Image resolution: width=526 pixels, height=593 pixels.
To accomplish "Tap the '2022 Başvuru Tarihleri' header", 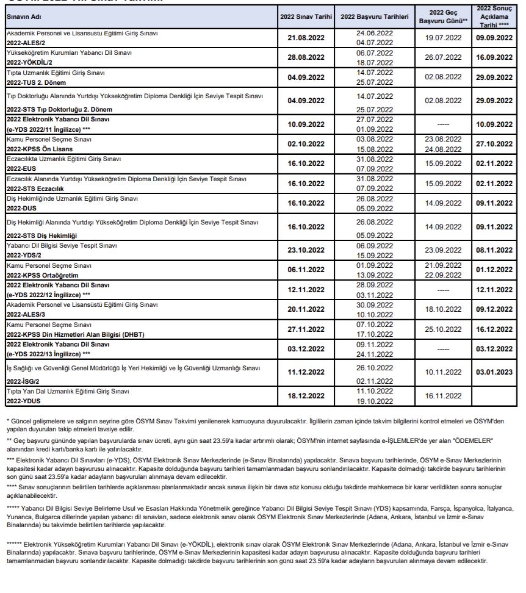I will [x=375, y=16].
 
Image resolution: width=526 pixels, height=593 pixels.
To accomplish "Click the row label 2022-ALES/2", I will [x=27, y=43].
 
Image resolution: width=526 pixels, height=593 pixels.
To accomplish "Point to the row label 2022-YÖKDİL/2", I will [x=31, y=62].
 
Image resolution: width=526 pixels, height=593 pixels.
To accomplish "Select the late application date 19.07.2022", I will [x=443, y=38].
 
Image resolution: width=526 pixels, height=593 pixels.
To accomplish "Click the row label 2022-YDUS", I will [x=21, y=401].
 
